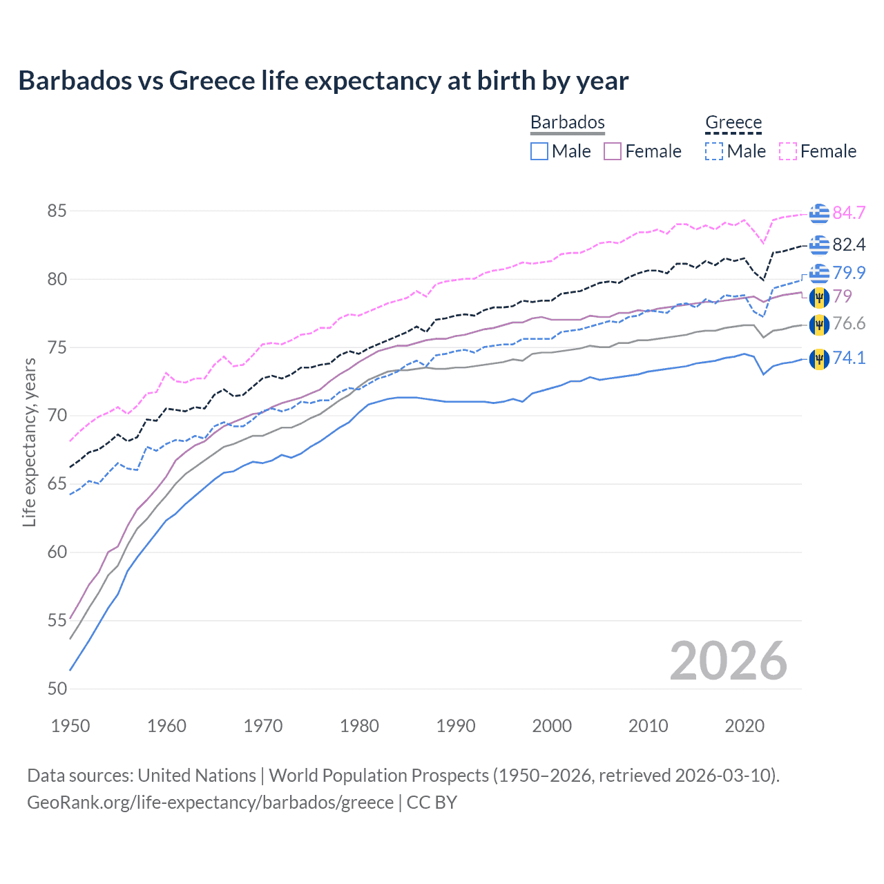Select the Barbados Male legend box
pyautogui.click(x=539, y=151)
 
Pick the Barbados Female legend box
pyautogui.click(x=613, y=151)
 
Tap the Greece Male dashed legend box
pyautogui.click(x=714, y=151)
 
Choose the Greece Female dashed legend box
pyautogui.click(x=788, y=151)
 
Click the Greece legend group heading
pyautogui.click(x=733, y=122)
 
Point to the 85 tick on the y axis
pyautogui.click(x=57, y=211)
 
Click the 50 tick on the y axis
pyautogui.click(x=57, y=689)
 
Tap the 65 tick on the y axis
pyautogui.click(x=57, y=483)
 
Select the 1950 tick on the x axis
pyautogui.click(x=70, y=726)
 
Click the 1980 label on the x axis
pyautogui.click(x=359, y=726)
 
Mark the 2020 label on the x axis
pyautogui.click(x=744, y=726)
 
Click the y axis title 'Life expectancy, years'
pyautogui.click(x=29, y=442)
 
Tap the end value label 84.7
pyautogui.click(x=849, y=213)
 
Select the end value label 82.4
pyautogui.click(x=849, y=244)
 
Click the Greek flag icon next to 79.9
pyautogui.click(x=819, y=273)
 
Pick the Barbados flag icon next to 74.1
pyautogui.click(x=819, y=358)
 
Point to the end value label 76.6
pyautogui.click(x=849, y=324)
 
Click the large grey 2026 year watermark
pyautogui.click(x=728, y=661)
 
